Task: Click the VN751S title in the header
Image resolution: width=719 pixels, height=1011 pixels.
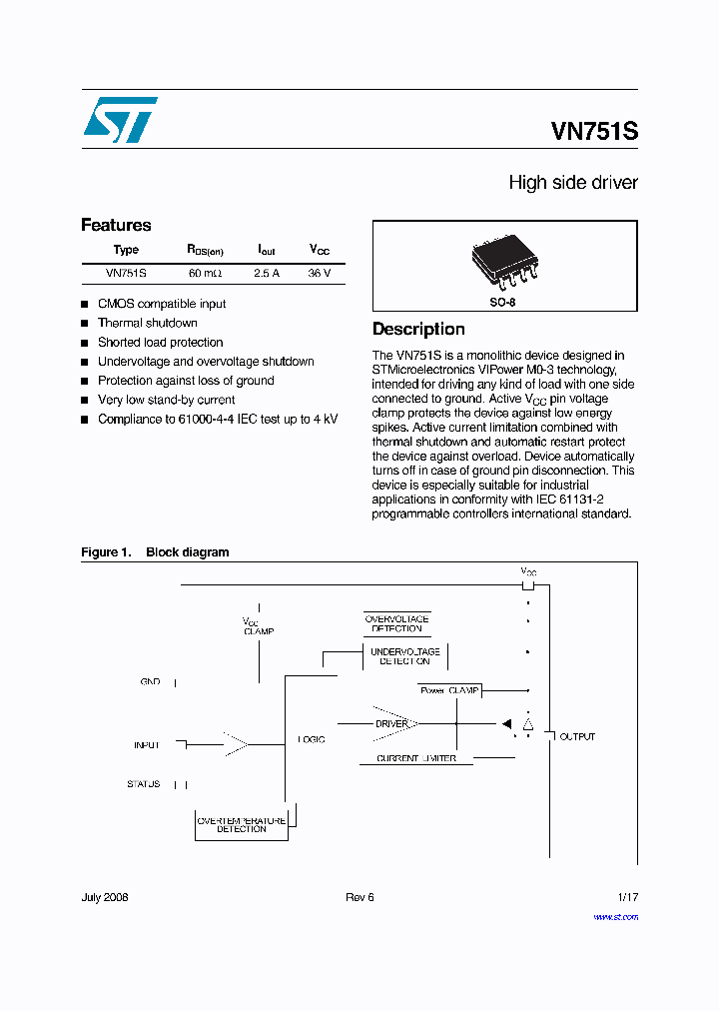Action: (x=593, y=132)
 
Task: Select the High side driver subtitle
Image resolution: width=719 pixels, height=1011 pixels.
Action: (x=572, y=183)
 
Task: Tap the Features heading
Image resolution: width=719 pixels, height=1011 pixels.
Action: (x=116, y=225)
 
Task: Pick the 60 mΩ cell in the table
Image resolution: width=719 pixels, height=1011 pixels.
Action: (x=205, y=273)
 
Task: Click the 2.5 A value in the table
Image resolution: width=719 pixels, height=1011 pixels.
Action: (x=267, y=273)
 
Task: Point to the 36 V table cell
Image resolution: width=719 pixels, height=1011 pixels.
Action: (x=320, y=273)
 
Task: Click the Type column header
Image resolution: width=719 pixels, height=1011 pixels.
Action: (x=126, y=250)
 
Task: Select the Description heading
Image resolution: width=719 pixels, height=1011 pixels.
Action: (x=418, y=329)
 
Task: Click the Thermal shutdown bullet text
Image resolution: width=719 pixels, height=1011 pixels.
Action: (x=147, y=323)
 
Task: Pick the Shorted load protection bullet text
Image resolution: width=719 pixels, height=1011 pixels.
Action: (x=160, y=342)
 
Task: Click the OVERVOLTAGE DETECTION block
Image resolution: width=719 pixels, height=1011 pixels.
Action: (x=396, y=623)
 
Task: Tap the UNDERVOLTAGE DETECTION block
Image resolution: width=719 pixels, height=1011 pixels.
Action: (x=404, y=655)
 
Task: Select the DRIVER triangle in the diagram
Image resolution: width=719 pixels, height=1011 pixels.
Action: (x=391, y=723)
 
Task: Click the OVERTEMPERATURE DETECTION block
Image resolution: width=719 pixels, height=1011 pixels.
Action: (x=241, y=824)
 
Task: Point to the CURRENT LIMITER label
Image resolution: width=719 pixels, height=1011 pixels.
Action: (x=415, y=758)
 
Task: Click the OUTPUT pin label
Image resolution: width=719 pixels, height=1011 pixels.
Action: (x=576, y=736)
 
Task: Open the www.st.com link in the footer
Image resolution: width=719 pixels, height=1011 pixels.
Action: (x=615, y=916)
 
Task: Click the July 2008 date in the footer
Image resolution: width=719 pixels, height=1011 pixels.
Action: (x=105, y=897)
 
